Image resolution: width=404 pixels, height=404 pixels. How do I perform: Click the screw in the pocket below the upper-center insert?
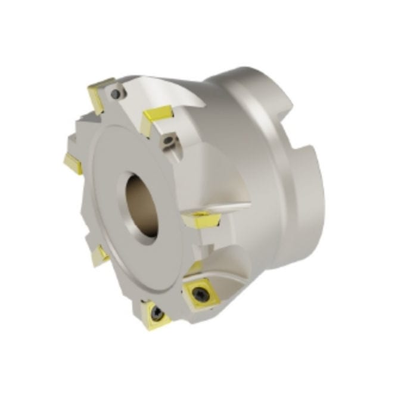click(170, 140)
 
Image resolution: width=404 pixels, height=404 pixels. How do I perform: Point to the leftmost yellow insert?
click(73, 162)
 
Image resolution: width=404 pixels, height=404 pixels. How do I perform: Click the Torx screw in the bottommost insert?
click(156, 313)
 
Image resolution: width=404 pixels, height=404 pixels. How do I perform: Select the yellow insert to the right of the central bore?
click(201, 219)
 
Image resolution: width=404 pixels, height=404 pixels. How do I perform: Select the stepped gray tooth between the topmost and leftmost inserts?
click(83, 128)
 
